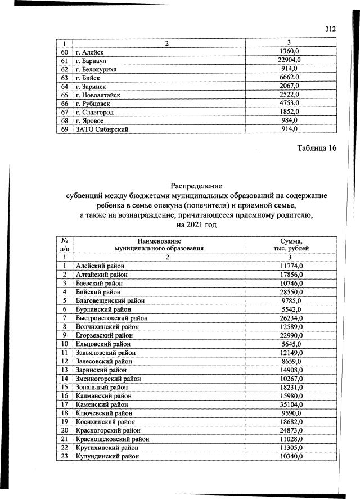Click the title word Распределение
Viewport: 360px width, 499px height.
pyautogui.click(x=196, y=186)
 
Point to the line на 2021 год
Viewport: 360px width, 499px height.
pyautogui.click(x=196, y=224)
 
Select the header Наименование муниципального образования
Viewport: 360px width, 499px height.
pyautogui.click(x=159, y=244)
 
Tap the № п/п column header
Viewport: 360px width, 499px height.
pyautogui.click(x=65, y=244)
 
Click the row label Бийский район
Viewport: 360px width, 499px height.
pyautogui.click(x=98, y=292)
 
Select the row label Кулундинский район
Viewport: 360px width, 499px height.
pyautogui.click(x=107, y=456)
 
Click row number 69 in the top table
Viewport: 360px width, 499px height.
pyautogui.click(x=65, y=129)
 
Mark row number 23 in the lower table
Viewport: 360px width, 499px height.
pyautogui.click(x=65, y=456)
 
